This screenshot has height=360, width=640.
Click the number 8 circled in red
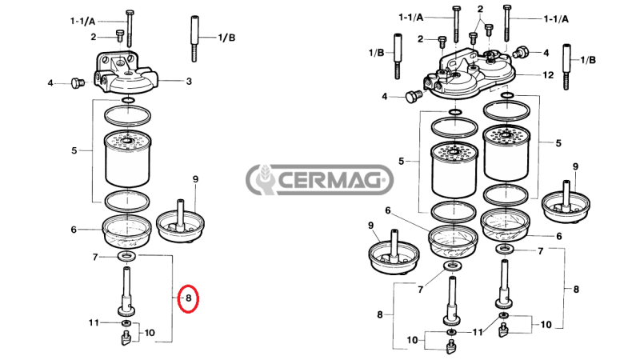189,298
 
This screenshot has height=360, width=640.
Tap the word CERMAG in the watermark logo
331,179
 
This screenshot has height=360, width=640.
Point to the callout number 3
189,82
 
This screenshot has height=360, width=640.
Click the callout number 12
548,75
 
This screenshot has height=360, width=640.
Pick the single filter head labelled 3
126,74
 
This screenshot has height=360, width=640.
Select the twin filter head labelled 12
470,74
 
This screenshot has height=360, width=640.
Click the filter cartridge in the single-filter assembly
128,159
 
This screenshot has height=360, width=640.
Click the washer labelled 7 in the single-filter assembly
127,256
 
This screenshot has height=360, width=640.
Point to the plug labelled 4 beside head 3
77,83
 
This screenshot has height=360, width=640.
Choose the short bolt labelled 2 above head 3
120,35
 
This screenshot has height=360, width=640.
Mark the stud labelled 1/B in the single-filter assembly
194,38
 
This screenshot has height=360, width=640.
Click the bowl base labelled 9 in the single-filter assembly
181,222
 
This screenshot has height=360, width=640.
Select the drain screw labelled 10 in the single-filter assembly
126,338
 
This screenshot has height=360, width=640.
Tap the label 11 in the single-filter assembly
94,323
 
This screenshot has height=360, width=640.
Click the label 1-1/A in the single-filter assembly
82,22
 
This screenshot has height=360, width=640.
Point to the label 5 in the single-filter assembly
74,150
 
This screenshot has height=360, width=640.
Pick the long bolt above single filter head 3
130,29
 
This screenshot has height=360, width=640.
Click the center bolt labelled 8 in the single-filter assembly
126,291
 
